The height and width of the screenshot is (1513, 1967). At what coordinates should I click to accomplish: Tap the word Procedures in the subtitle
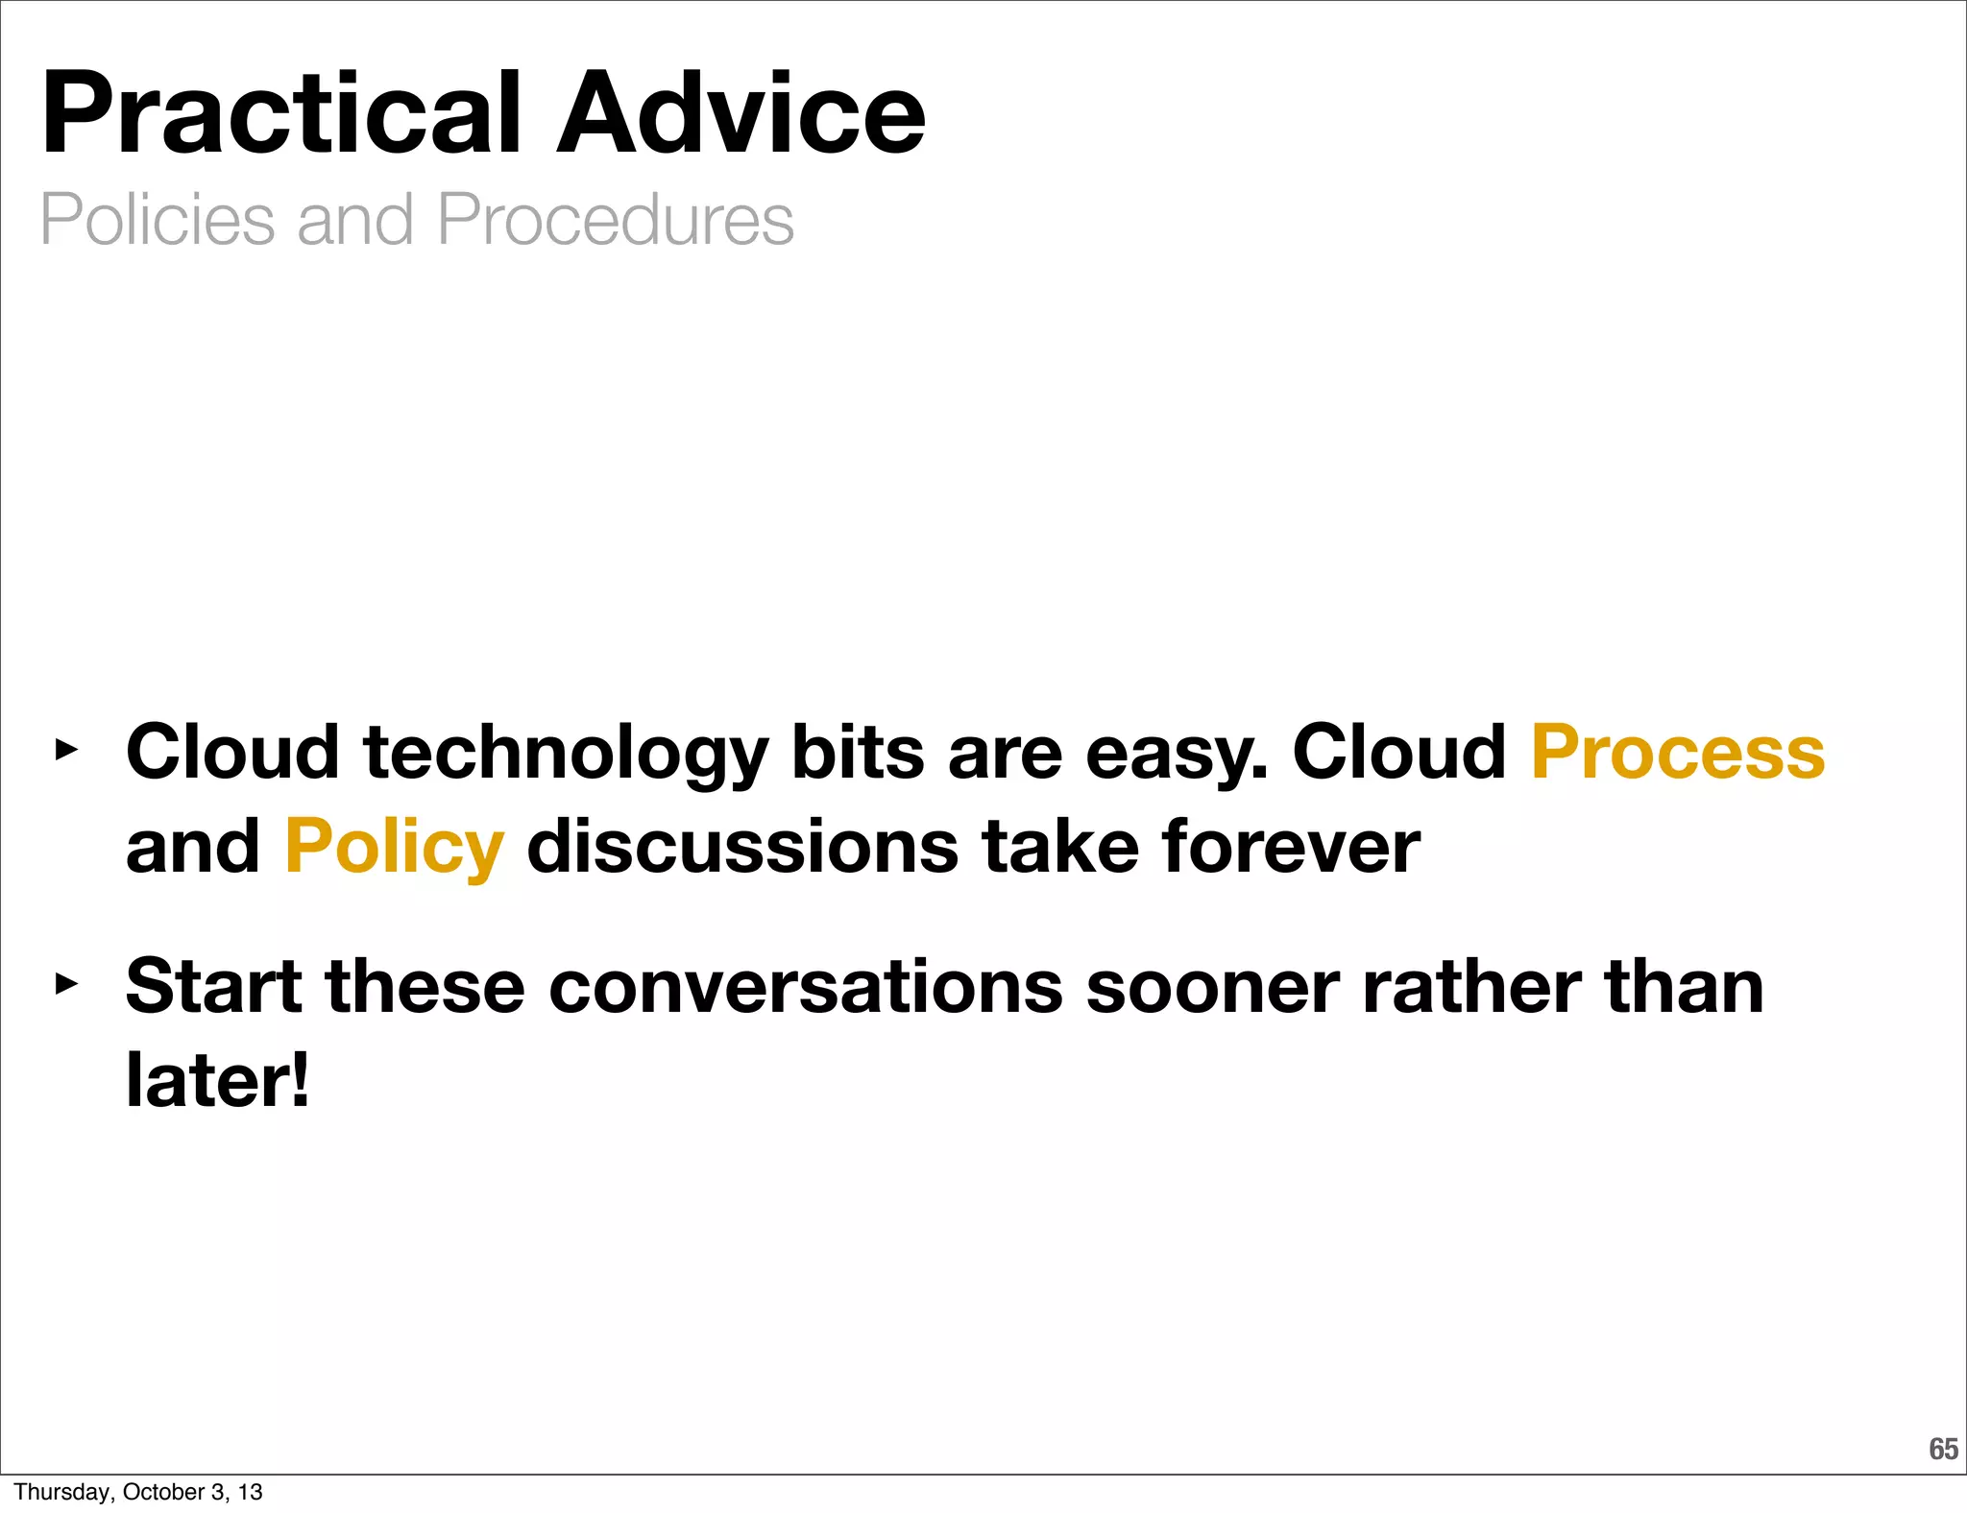click(x=615, y=220)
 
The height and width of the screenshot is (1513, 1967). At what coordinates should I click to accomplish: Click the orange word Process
click(x=1677, y=752)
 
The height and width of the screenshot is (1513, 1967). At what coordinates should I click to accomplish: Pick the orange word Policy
click(x=394, y=848)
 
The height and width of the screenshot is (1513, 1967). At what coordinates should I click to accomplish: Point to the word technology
click(x=565, y=754)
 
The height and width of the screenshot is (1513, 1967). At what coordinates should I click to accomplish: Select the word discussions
click(x=742, y=847)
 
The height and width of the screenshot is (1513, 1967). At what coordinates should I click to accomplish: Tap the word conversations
click(x=806, y=987)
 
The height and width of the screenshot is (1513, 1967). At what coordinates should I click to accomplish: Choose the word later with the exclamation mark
click(x=217, y=1080)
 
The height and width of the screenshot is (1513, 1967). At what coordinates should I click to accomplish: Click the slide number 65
click(x=1942, y=1449)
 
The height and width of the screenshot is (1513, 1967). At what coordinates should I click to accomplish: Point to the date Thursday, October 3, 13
click(x=137, y=1492)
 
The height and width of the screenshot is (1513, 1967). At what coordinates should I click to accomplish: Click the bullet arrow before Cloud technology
click(x=65, y=750)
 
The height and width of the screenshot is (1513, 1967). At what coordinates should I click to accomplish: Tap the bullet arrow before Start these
click(x=65, y=984)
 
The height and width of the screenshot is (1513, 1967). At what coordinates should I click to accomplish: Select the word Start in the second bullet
click(x=213, y=987)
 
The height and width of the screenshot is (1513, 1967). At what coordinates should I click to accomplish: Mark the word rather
click(x=1470, y=987)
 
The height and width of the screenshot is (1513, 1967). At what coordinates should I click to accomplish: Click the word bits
click(x=857, y=752)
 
